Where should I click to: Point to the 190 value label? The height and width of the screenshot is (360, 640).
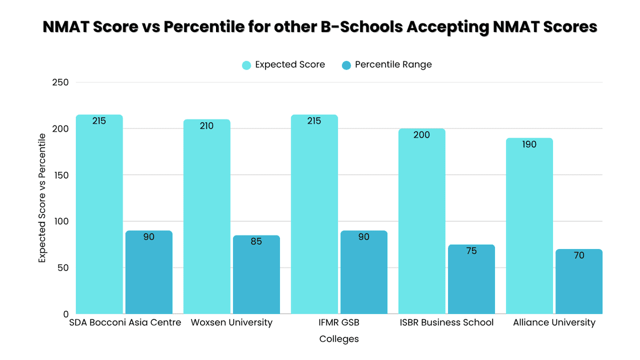click(x=529, y=145)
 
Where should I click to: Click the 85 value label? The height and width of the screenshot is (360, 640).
click(x=256, y=242)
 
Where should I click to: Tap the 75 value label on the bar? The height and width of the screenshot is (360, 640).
click(x=471, y=251)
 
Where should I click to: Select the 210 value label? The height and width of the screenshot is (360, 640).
click(x=206, y=126)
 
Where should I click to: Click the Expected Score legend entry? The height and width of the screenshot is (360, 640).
click(x=284, y=65)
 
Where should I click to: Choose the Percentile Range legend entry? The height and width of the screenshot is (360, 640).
click(x=387, y=65)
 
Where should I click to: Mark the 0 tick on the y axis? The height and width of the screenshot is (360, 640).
click(x=65, y=314)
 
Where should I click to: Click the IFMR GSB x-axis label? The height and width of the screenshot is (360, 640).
click(x=339, y=323)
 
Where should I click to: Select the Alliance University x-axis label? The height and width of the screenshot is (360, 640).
click(x=554, y=323)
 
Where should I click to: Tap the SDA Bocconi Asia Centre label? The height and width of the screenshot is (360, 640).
click(x=125, y=323)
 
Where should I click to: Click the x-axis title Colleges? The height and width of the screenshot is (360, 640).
click(x=339, y=339)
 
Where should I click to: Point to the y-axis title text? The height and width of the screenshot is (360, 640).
click(x=42, y=198)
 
